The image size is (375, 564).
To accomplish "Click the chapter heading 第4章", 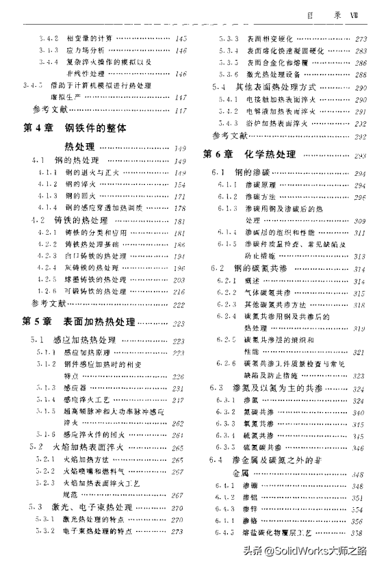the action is click(x=38, y=128).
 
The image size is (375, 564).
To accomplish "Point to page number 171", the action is click(x=181, y=196).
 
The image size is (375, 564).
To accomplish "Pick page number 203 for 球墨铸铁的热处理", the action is click(x=181, y=280).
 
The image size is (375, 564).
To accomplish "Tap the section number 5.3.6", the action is click(x=229, y=75).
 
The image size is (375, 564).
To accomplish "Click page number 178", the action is click(x=181, y=208).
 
